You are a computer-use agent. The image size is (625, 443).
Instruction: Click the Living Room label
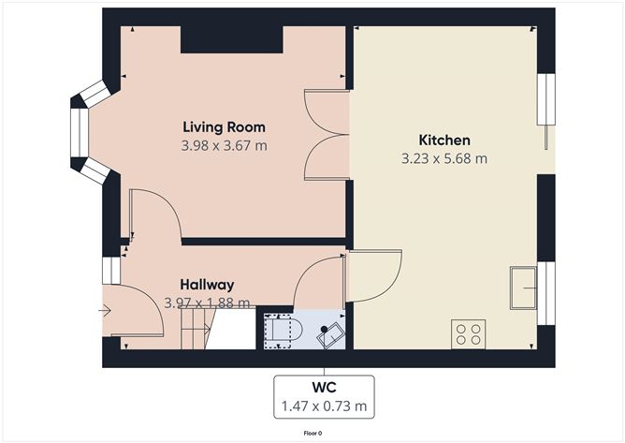point(224,127)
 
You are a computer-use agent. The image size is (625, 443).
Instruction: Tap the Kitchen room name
point(444,140)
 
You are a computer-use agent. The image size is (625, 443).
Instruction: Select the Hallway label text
point(207,285)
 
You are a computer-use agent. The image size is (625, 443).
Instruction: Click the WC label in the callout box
point(324,387)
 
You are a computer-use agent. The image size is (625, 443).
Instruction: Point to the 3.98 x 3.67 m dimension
point(224,146)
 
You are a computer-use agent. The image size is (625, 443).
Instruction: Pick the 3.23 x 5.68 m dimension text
point(444,159)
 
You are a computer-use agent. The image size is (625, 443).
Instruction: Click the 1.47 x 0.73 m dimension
point(324,406)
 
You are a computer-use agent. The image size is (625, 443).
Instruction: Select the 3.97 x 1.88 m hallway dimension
point(207,303)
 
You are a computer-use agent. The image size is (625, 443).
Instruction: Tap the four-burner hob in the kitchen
point(468,334)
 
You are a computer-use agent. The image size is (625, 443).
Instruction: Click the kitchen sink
point(523,288)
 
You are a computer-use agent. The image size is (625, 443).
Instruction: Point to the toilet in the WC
point(283,331)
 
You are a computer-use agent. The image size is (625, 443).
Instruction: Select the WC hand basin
point(331,335)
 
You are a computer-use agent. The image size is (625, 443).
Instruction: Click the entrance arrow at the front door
point(106,310)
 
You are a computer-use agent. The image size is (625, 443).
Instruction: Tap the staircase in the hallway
point(198,329)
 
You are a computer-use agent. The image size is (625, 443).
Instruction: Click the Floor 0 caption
point(312,433)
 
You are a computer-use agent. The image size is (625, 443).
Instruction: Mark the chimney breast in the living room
point(232,39)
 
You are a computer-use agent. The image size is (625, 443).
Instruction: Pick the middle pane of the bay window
point(80,132)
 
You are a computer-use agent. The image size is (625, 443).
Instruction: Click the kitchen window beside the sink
point(546,293)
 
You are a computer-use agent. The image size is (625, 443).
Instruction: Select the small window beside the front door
point(111,271)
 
